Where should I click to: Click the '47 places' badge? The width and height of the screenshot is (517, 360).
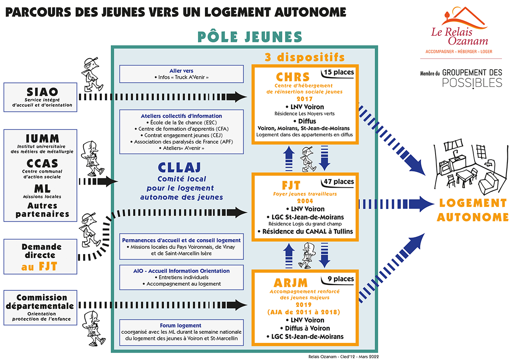pyautogui.click(x=339, y=182)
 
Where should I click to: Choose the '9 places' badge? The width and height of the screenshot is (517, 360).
pyautogui.click(x=341, y=279)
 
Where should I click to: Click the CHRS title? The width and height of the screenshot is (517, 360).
pyautogui.click(x=293, y=77)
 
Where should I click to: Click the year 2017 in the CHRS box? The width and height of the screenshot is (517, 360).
pyautogui.click(x=305, y=99)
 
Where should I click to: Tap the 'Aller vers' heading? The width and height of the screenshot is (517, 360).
pyautogui.click(x=181, y=71)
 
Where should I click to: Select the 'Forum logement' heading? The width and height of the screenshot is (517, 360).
pyautogui.click(x=181, y=325)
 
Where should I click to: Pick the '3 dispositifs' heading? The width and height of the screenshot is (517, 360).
pyautogui.click(x=304, y=57)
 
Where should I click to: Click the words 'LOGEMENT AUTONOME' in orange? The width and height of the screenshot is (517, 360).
pyautogui.click(x=472, y=210)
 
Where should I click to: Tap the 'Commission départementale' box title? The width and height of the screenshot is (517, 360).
pyautogui.click(x=42, y=302)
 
